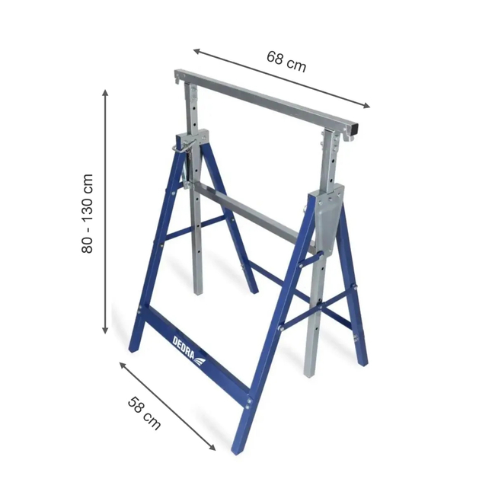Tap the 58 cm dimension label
(x=144, y=412)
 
